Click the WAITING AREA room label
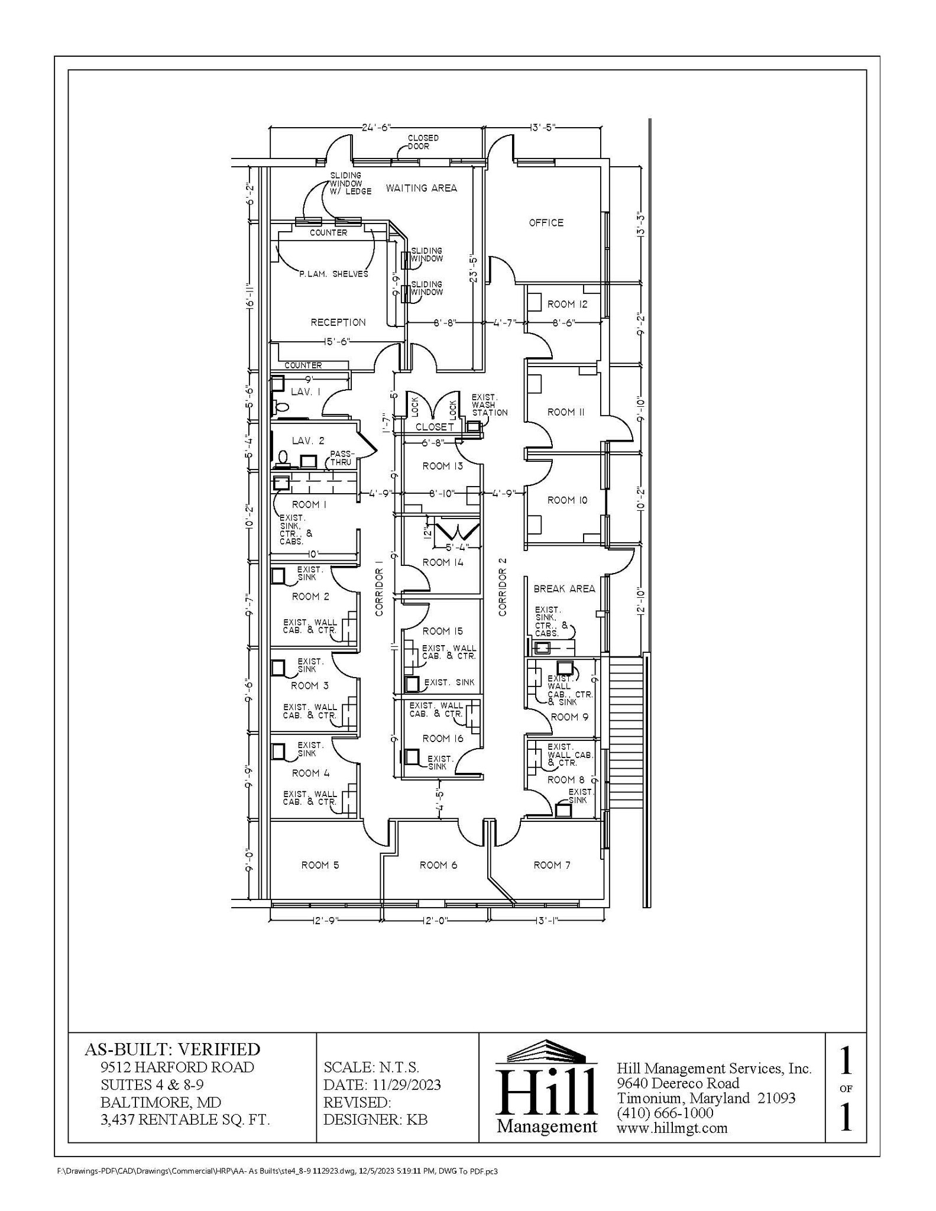(x=421, y=188)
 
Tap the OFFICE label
(x=546, y=223)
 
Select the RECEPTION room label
(x=338, y=322)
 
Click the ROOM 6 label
(x=438, y=865)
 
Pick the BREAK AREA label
(x=564, y=589)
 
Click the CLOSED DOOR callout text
(x=423, y=142)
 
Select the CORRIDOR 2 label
(x=503, y=592)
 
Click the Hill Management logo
(x=546, y=1087)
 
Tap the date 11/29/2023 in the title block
(x=407, y=1085)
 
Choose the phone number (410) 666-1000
(x=665, y=1113)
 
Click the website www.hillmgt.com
(x=672, y=1128)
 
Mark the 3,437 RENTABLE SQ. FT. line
(x=184, y=1119)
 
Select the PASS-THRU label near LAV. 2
(x=342, y=458)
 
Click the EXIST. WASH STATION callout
(x=489, y=405)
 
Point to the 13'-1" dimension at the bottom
(x=547, y=921)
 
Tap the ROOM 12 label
(x=567, y=305)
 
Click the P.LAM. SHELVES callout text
(x=333, y=274)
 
